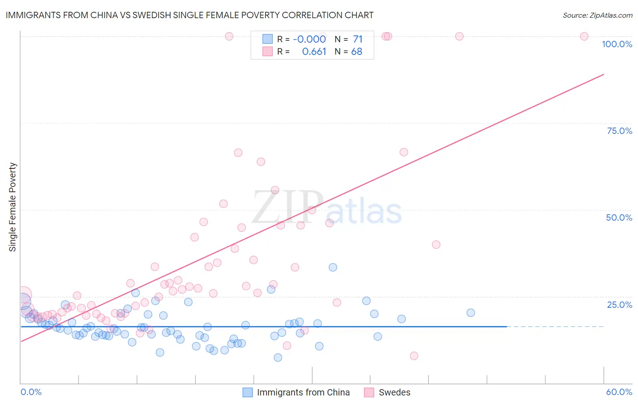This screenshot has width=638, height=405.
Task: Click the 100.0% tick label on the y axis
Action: coord(617,44)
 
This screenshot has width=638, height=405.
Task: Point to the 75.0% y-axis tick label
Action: coord(619,131)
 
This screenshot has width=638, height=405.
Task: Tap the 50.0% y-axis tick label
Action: coord(619,217)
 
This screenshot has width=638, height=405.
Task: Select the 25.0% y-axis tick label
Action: coord(619,305)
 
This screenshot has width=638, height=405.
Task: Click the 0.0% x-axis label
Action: coord(31,392)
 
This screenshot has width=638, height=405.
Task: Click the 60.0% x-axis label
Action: coord(619,392)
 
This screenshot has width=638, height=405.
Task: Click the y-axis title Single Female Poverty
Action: coord(13,207)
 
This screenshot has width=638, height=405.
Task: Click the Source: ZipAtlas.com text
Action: coord(597,15)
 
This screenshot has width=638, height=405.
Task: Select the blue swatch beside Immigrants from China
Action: coord(247,392)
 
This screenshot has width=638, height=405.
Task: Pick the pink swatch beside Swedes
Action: coord(369,392)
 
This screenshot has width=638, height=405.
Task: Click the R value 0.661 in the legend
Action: coord(314,52)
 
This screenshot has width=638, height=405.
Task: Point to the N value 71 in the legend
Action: coord(358,40)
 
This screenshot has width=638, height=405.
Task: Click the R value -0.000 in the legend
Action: coord(309,40)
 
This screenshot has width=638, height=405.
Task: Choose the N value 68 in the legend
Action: coord(357,52)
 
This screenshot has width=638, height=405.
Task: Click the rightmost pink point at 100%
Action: coord(584,36)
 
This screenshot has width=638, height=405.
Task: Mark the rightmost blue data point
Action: coord(471,313)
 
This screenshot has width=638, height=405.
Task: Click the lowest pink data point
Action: coord(414,356)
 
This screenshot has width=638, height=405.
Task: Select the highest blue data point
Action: coord(333,267)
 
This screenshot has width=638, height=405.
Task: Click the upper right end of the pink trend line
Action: coord(604,74)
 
